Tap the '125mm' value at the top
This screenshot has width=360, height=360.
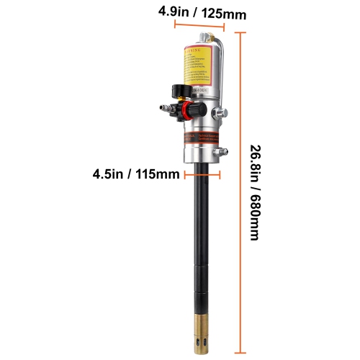(217, 11)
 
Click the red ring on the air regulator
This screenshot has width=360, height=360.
(187, 112)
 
